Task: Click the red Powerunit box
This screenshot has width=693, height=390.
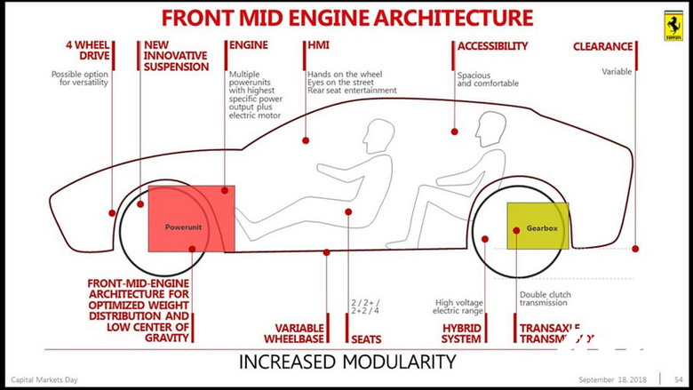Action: pos(191,219)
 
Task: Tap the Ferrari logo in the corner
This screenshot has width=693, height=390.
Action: pos(674,21)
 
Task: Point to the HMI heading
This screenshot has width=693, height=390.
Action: pos(318,45)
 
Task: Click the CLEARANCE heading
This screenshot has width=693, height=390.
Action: pos(602,46)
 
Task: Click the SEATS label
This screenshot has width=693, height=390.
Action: pos(367,338)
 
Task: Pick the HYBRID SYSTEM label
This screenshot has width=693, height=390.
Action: pos(460,332)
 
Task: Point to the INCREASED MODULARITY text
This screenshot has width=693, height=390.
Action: pos(347,362)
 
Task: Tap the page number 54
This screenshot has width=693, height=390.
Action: pos(677,378)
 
